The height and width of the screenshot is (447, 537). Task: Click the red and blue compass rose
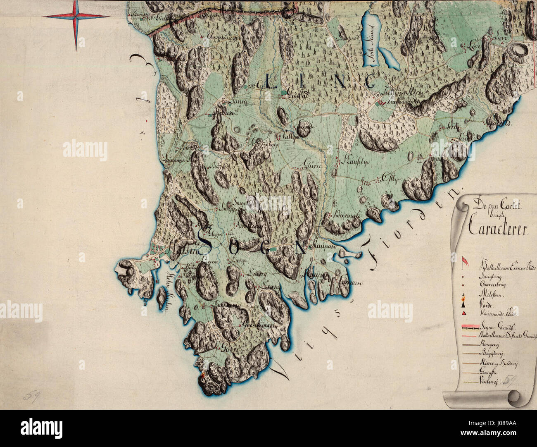tap(76, 17)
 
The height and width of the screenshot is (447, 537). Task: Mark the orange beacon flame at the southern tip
tap(202, 374)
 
